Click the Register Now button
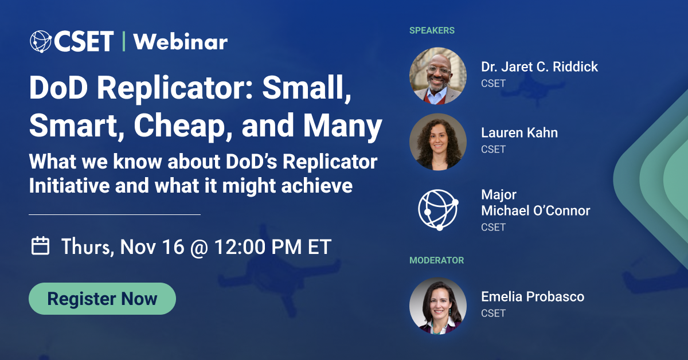click(102, 299)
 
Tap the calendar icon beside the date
click(40, 246)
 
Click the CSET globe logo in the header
click(42, 41)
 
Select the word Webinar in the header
click(180, 41)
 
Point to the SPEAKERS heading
click(432, 30)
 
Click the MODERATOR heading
click(436, 260)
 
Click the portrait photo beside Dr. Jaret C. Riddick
click(438, 76)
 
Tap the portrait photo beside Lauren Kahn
click(438, 142)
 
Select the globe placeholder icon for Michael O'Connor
click(438, 209)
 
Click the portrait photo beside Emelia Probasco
click(438, 306)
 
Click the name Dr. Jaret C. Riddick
click(540, 67)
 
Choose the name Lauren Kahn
click(519, 133)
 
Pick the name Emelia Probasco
click(533, 297)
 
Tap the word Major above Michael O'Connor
click(499, 195)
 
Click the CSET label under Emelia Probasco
click(493, 313)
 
